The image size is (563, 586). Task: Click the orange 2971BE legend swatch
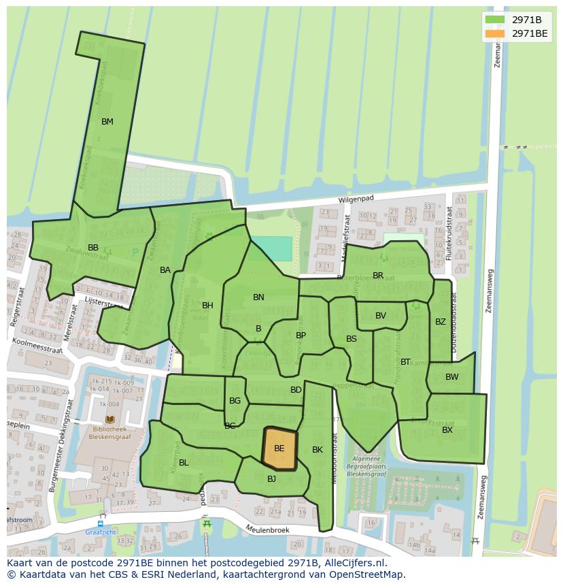point(495,33)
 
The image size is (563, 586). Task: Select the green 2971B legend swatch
point(495,20)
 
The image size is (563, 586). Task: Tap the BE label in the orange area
point(279,449)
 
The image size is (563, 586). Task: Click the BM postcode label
point(107,122)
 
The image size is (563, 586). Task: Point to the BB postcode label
point(93,247)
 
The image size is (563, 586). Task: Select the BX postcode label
point(447,430)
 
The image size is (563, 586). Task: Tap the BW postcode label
point(451,377)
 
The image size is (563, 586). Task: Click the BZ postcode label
point(440,322)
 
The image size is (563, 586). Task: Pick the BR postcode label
point(378,276)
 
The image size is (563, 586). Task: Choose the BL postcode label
point(184,463)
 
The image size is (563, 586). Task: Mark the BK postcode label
point(318,450)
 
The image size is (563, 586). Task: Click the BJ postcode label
point(271,479)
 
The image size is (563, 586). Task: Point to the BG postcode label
point(235,401)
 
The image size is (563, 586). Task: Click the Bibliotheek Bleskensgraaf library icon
point(110,420)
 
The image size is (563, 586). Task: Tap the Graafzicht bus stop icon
point(100,524)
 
